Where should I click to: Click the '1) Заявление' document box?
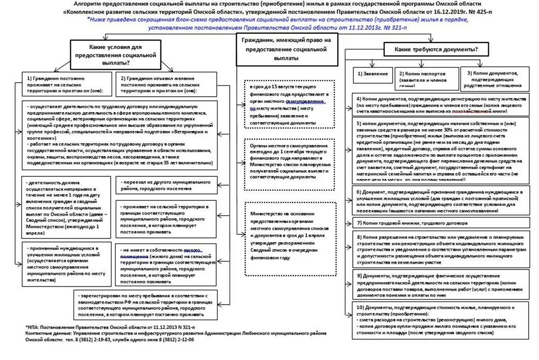(372, 73)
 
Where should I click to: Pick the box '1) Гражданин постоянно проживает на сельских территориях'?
(66, 83)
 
